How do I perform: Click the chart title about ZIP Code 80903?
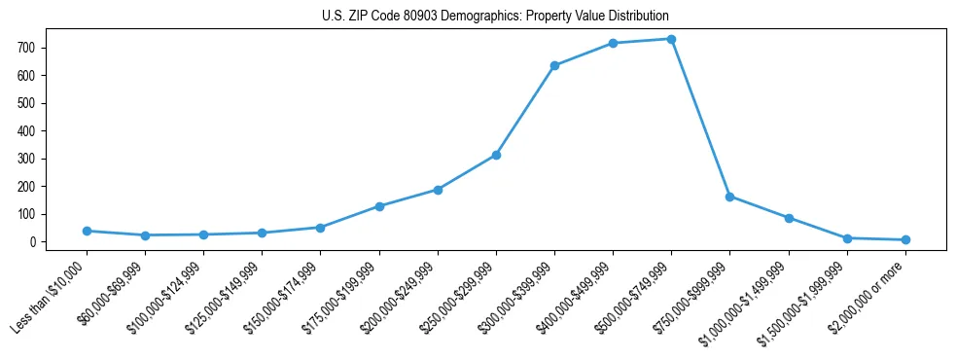pyautogui.click(x=495, y=17)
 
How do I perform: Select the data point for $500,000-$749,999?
pyautogui.click(x=671, y=39)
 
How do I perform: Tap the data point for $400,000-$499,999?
pyautogui.click(x=613, y=43)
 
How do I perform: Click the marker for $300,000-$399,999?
pyautogui.click(x=554, y=65)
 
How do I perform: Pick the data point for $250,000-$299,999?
pyautogui.click(x=496, y=155)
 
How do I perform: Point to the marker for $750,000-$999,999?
pyautogui.click(x=729, y=197)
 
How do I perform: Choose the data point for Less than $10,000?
pyautogui.click(x=87, y=231)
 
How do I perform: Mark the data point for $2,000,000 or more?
pyautogui.click(x=905, y=239)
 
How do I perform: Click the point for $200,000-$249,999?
pyautogui.click(x=438, y=190)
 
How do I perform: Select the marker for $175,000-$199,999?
pyautogui.click(x=379, y=206)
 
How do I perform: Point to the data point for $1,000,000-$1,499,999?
pyautogui.click(x=789, y=218)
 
